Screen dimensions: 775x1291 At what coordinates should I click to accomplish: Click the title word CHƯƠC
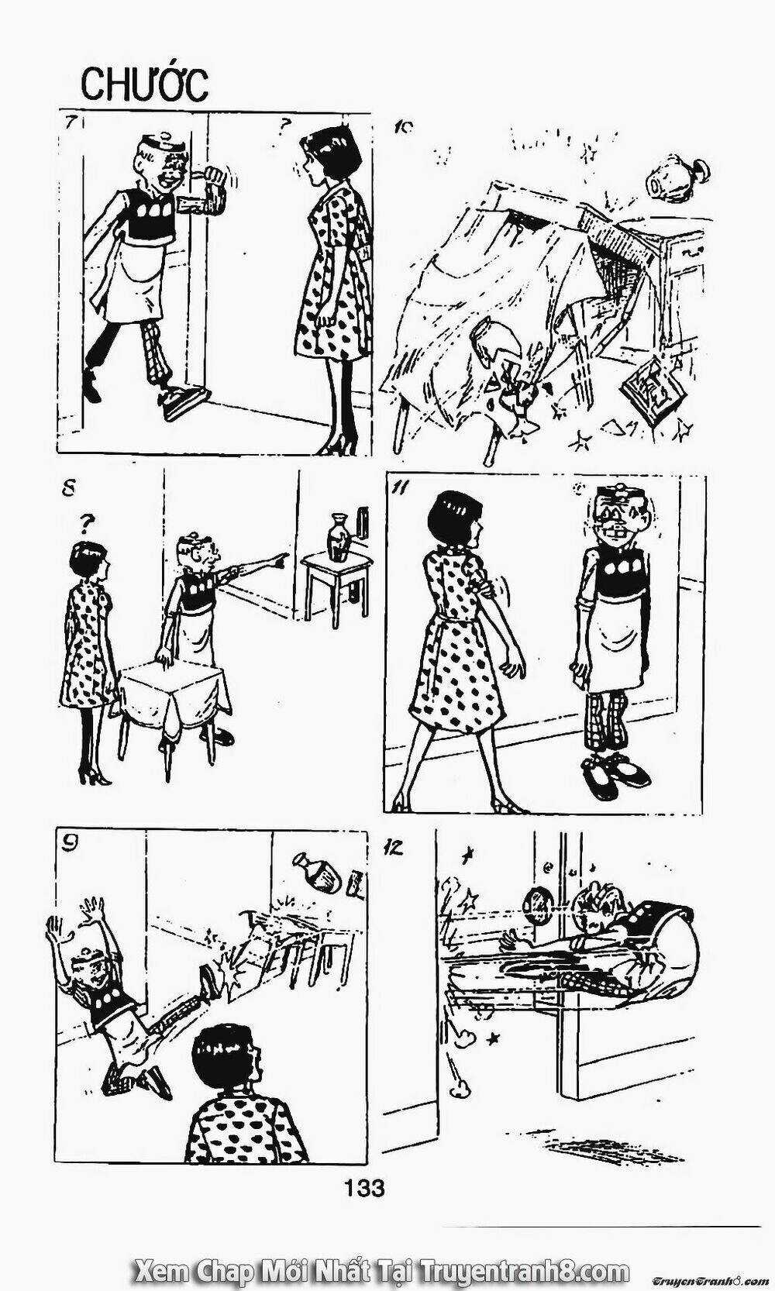(145, 84)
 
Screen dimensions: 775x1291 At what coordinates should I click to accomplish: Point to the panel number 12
(395, 847)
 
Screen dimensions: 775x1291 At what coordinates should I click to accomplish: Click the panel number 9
(70, 848)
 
